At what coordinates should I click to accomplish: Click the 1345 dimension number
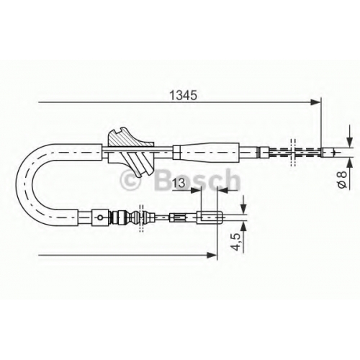(x=183, y=95)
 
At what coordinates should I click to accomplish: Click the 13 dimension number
(x=179, y=184)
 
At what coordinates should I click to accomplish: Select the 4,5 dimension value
(x=236, y=242)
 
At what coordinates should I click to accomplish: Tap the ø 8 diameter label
(x=343, y=179)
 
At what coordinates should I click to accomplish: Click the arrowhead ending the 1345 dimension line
(x=315, y=102)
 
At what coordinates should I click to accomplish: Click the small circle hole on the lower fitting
(x=100, y=217)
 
